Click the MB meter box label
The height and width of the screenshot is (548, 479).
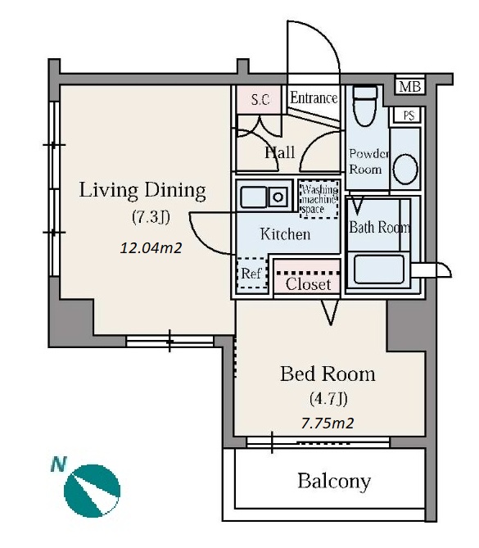coord(410,86)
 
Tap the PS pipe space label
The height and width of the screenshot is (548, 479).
coord(409,115)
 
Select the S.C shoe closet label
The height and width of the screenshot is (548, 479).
coord(260,100)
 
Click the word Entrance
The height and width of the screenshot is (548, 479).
coord(314,97)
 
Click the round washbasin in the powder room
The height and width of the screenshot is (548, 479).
coord(405,169)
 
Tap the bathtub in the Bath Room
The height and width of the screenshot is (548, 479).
coord(379,269)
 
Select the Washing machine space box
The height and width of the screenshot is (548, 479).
coord(319,199)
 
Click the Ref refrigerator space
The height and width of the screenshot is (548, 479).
coord(252,274)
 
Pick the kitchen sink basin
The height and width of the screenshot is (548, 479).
coord(253,197)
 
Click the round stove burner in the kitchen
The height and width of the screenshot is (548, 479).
coord(278,197)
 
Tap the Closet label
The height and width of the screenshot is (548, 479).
coord(308,284)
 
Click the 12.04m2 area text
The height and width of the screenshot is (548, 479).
coord(151,248)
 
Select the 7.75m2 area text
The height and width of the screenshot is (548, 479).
coord(328,423)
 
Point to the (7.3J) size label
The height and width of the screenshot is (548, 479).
coord(151,217)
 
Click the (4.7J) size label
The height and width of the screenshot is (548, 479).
coord(328,398)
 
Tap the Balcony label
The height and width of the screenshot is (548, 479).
coord(334,481)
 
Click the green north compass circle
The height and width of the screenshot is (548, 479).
coord(93,491)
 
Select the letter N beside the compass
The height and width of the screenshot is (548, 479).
coord(58,464)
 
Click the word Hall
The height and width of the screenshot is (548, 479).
coord(279,152)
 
